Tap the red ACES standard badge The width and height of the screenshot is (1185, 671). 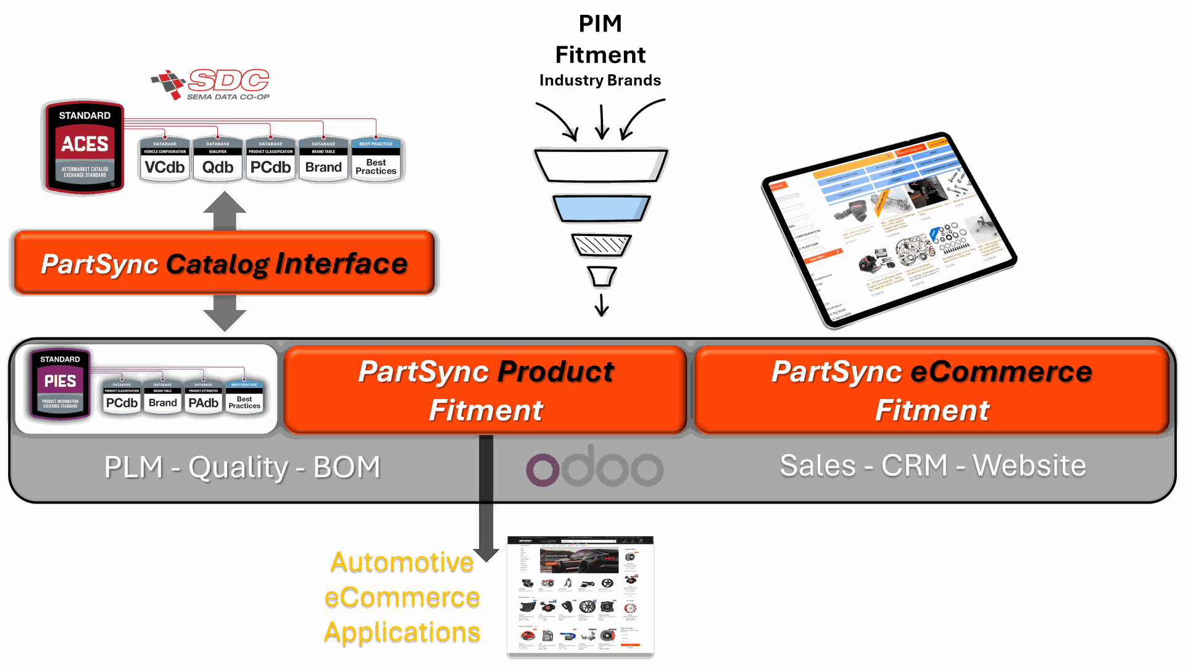point(85,148)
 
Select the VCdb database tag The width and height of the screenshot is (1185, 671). point(165,160)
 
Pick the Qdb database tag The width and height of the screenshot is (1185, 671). point(218,160)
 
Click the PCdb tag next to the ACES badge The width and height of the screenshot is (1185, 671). point(270,160)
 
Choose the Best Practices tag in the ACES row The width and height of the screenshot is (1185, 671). point(376,160)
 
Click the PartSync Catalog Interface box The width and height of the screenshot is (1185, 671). point(224,263)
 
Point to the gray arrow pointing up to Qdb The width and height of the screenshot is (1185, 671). point(225,209)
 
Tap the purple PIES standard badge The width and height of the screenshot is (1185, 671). point(60,384)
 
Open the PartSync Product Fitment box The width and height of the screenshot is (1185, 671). point(485,390)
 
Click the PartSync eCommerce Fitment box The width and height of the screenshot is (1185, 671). point(931,390)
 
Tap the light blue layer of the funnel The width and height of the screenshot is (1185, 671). point(601,209)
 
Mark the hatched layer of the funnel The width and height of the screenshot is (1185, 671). point(601,245)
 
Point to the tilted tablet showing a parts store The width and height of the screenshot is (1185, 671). point(886,232)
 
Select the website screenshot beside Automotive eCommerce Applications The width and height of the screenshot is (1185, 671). point(580,594)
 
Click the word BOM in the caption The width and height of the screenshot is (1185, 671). point(346,467)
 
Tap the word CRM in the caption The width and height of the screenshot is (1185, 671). point(914,465)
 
